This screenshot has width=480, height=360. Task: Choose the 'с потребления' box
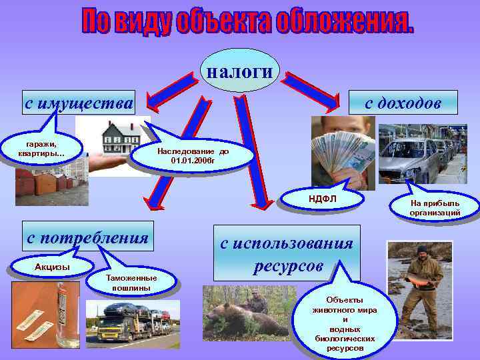87,236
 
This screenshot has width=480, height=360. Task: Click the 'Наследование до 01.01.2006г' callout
193,156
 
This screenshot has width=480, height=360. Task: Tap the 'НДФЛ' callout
322,197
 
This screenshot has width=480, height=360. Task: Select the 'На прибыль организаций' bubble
435,207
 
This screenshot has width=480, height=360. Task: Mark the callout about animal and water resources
345,323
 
